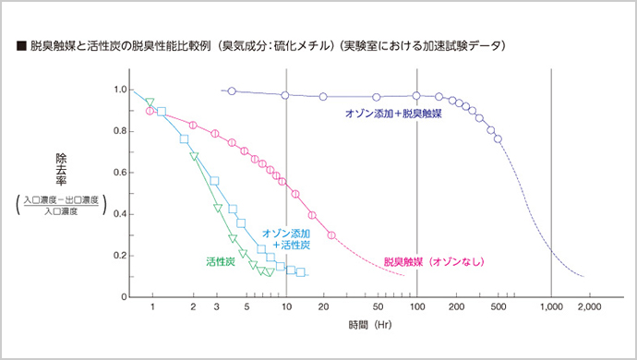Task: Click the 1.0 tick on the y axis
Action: coord(119,90)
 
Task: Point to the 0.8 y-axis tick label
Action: coord(119,131)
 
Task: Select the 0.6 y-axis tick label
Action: coord(119,173)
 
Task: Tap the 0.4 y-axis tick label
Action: coord(119,214)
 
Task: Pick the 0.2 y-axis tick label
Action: coord(119,256)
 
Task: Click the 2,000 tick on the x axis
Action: coord(589,306)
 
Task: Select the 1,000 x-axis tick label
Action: coord(551,306)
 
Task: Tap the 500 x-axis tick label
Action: coord(499,306)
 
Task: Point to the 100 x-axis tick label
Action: coord(416,306)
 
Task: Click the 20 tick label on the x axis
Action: coord(325,306)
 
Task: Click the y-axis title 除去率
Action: coord(61,170)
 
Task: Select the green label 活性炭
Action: coord(220,262)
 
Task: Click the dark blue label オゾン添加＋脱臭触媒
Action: coord(392,114)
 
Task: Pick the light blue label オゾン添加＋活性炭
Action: coord(285,239)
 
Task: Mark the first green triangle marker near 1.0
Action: coord(150,102)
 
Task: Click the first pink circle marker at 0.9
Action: coord(150,111)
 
